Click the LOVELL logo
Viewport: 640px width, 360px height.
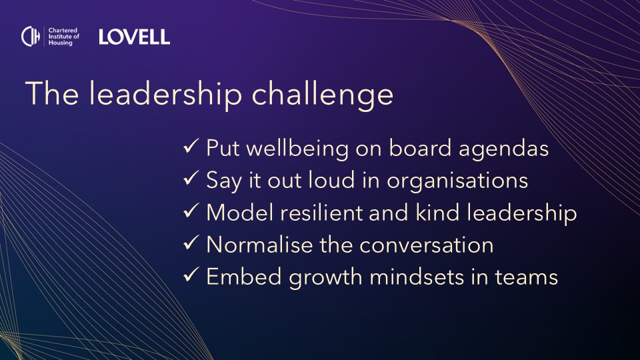pyautogui.click(x=134, y=37)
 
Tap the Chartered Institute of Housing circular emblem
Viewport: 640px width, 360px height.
pyautogui.click(x=31, y=36)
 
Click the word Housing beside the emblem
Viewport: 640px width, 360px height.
pyautogui.click(x=61, y=43)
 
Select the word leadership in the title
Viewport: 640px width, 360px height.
pyautogui.click(x=165, y=94)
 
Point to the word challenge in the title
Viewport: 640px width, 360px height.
pyautogui.click(x=323, y=94)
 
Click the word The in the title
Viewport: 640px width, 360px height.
pyautogui.click(x=52, y=93)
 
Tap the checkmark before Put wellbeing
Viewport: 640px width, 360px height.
pyautogui.click(x=191, y=146)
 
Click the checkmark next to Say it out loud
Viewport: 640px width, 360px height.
pyautogui.click(x=191, y=178)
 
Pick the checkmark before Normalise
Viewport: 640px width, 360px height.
pyautogui.click(x=191, y=243)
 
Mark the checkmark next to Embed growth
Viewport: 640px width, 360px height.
pyautogui.click(x=191, y=275)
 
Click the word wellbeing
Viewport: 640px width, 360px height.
pyautogui.click(x=297, y=149)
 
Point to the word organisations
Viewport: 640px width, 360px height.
pyautogui.click(x=457, y=181)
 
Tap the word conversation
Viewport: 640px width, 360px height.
pyautogui.click(x=426, y=245)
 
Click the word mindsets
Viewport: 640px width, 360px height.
pyautogui.click(x=417, y=277)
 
